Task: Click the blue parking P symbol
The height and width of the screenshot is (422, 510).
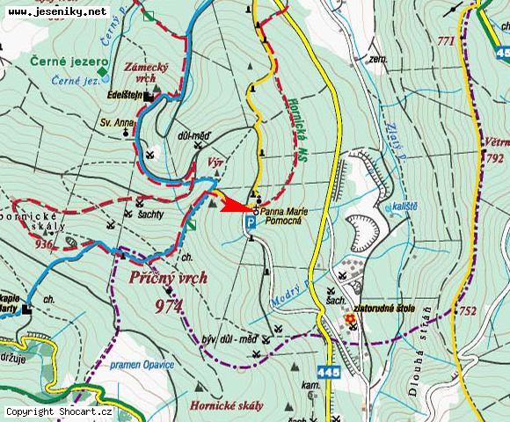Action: (251, 224)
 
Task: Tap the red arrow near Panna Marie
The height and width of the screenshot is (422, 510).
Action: (233, 207)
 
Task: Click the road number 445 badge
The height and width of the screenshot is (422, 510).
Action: (327, 373)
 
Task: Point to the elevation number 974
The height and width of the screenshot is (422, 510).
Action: (166, 305)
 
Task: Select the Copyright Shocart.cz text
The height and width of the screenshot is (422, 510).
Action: (59, 411)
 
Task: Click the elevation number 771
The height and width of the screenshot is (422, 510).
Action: (445, 41)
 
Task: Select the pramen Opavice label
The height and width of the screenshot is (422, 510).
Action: (142, 363)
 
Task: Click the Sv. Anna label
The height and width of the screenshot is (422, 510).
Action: (115, 122)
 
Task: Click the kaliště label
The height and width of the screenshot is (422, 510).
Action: (404, 205)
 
